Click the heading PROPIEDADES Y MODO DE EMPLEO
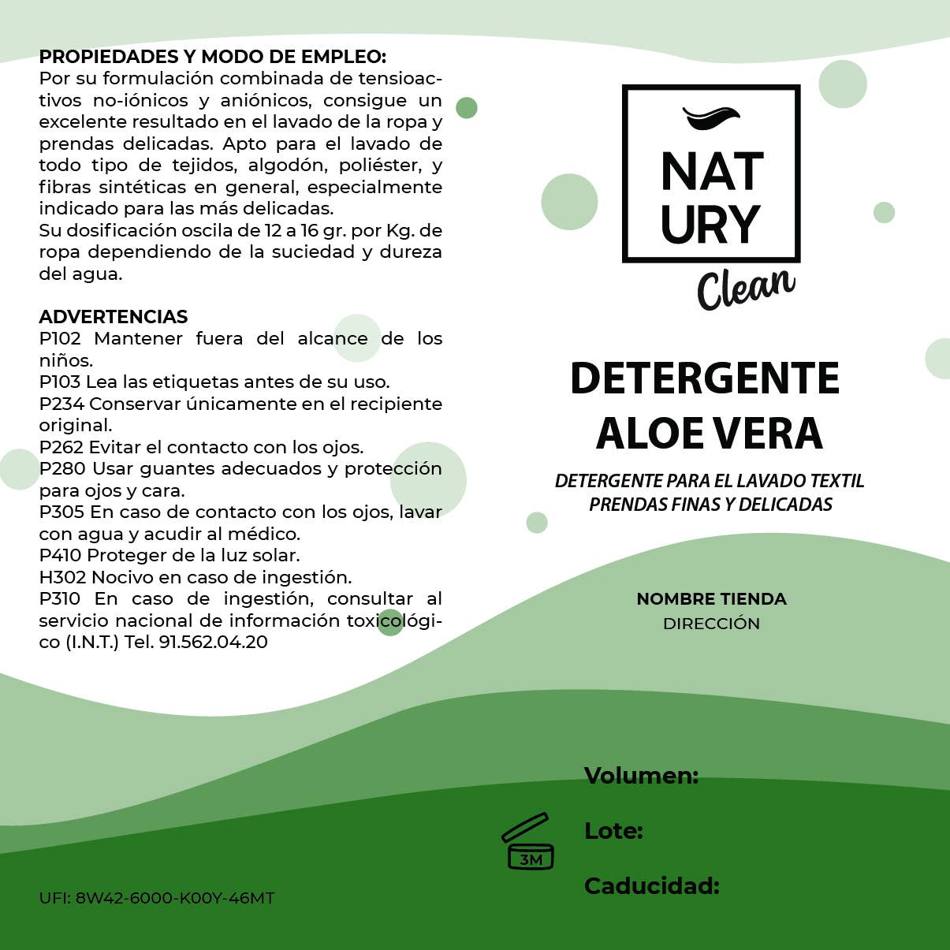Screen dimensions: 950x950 click(x=212, y=57)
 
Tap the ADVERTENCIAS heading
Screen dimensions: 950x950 click(x=113, y=317)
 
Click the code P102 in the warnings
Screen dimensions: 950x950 click(x=60, y=339)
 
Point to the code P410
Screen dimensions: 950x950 click(x=61, y=556)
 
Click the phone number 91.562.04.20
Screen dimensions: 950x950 click(x=213, y=643)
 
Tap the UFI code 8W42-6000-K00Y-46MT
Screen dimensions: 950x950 click(x=174, y=898)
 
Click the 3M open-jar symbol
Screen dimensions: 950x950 click(x=527, y=841)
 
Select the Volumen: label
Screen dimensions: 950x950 click(x=641, y=776)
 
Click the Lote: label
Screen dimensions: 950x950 click(x=613, y=831)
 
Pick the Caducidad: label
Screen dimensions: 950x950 click(x=651, y=886)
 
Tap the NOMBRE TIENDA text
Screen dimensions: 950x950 click(x=711, y=599)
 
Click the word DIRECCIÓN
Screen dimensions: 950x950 click(x=711, y=624)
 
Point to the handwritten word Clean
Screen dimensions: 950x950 click(x=745, y=287)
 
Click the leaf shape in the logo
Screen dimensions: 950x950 click(x=711, y=117)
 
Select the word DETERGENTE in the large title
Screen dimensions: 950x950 click(x=705, y=378)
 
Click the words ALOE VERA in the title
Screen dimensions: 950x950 click(x=710, y=434)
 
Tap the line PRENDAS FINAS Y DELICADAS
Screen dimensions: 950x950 click(x=710, y=505)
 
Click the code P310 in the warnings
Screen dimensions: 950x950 click(x=61, y=599)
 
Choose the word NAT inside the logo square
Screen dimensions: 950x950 click(x=712, y=172)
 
